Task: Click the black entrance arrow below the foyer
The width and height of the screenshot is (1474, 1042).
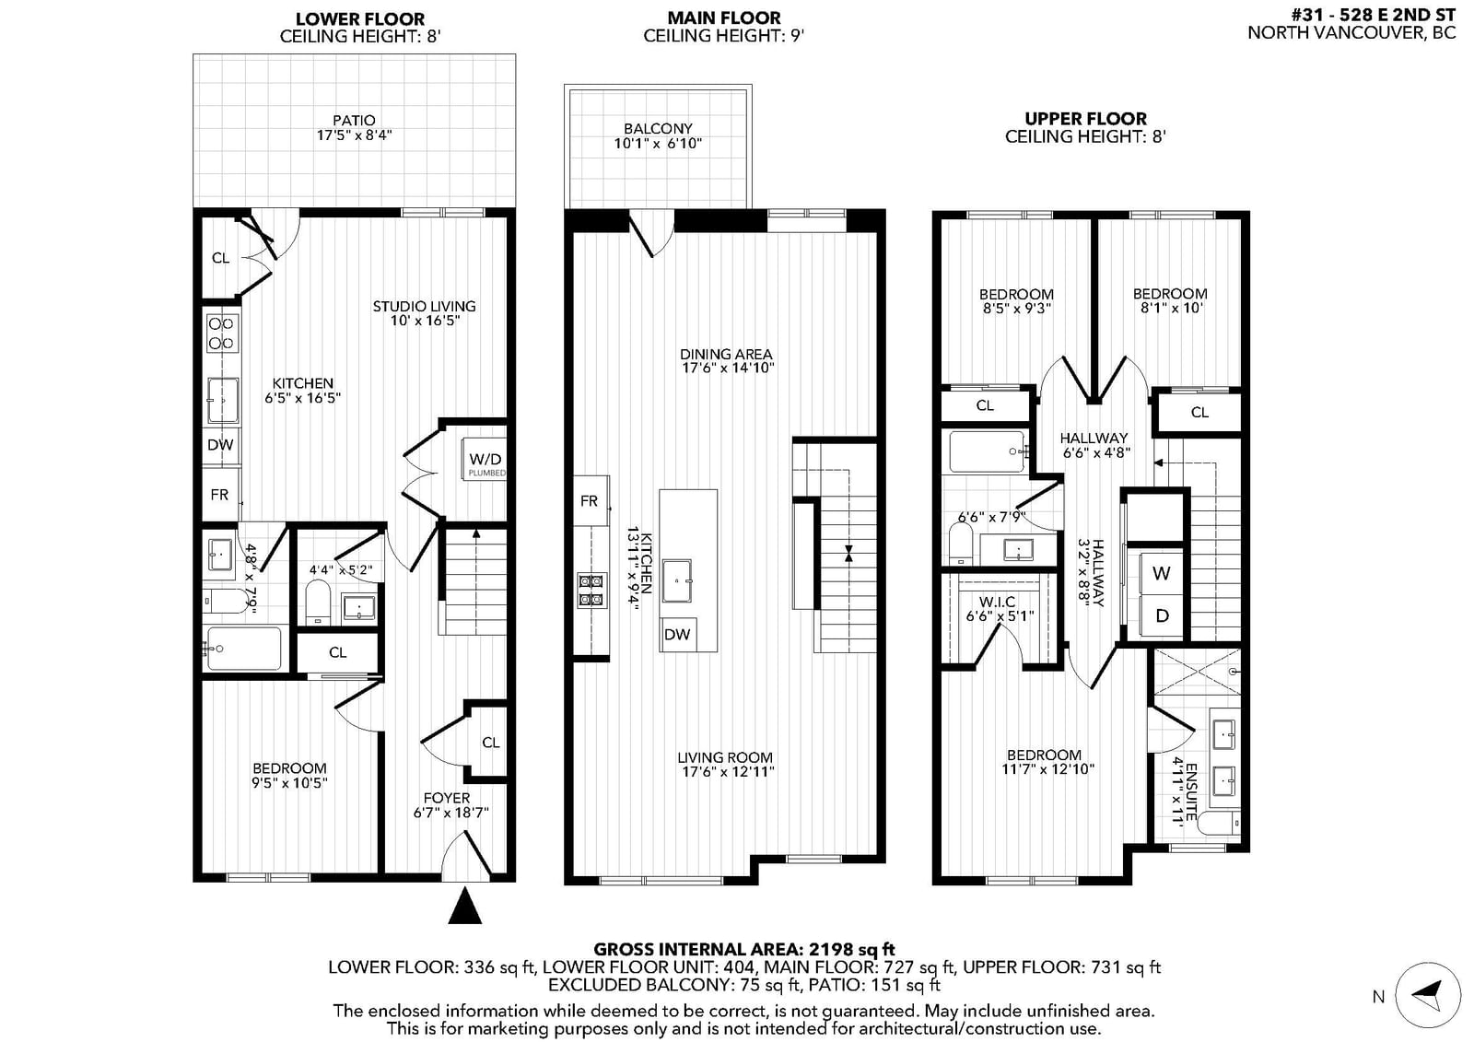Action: tap(465, 906)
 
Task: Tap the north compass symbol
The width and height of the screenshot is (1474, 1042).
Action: tap(1428, 995)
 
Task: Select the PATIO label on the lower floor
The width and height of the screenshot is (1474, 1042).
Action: tap(354, 121)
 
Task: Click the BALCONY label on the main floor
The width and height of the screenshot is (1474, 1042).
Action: tap(658, 128)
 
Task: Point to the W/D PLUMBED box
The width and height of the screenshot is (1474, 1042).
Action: tap(485, 460)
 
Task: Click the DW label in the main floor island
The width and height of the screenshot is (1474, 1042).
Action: tap(677, 634)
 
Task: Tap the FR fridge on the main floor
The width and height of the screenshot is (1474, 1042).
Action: tap(591, 501)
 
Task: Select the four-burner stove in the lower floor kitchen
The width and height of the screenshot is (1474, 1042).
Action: tap(222, 333)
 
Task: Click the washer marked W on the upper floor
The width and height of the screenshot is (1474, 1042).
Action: tap(1161, 573)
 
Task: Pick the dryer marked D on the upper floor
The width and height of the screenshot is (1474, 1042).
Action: tap(1162, 615)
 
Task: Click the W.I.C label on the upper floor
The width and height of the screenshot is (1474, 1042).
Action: tap(997, 602)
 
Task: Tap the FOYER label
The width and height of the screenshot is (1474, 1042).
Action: tap(447, 798)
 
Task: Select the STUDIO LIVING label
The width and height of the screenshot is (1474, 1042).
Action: tap(425, 306)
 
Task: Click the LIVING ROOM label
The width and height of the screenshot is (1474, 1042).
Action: tap(725, 757)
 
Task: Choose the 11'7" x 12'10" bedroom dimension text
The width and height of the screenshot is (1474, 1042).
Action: tap(1048, 768)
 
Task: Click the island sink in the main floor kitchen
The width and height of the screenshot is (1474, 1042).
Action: tap(677, 581)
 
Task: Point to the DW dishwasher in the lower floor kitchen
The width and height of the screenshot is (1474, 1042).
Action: tap(220, 445)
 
